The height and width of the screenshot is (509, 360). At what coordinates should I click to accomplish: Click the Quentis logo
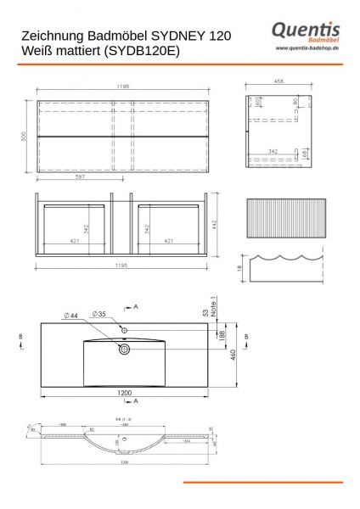[x=306, y=31]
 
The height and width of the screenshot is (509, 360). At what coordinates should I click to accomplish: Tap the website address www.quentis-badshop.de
[x=307, y=49]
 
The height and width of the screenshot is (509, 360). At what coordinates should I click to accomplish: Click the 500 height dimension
[x=25, y=136]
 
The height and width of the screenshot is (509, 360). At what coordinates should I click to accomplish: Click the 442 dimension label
[x=217, y=224]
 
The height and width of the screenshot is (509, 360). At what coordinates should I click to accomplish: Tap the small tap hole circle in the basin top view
[x=124, y=328]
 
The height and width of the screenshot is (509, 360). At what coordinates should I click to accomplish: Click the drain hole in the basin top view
[x=124, y=349]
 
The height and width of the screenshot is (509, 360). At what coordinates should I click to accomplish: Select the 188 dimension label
[x=224, y=337]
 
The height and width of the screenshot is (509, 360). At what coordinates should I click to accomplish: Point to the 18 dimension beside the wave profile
[x=240, y=268]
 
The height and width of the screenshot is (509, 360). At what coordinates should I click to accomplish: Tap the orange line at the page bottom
[x=262, y=483]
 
